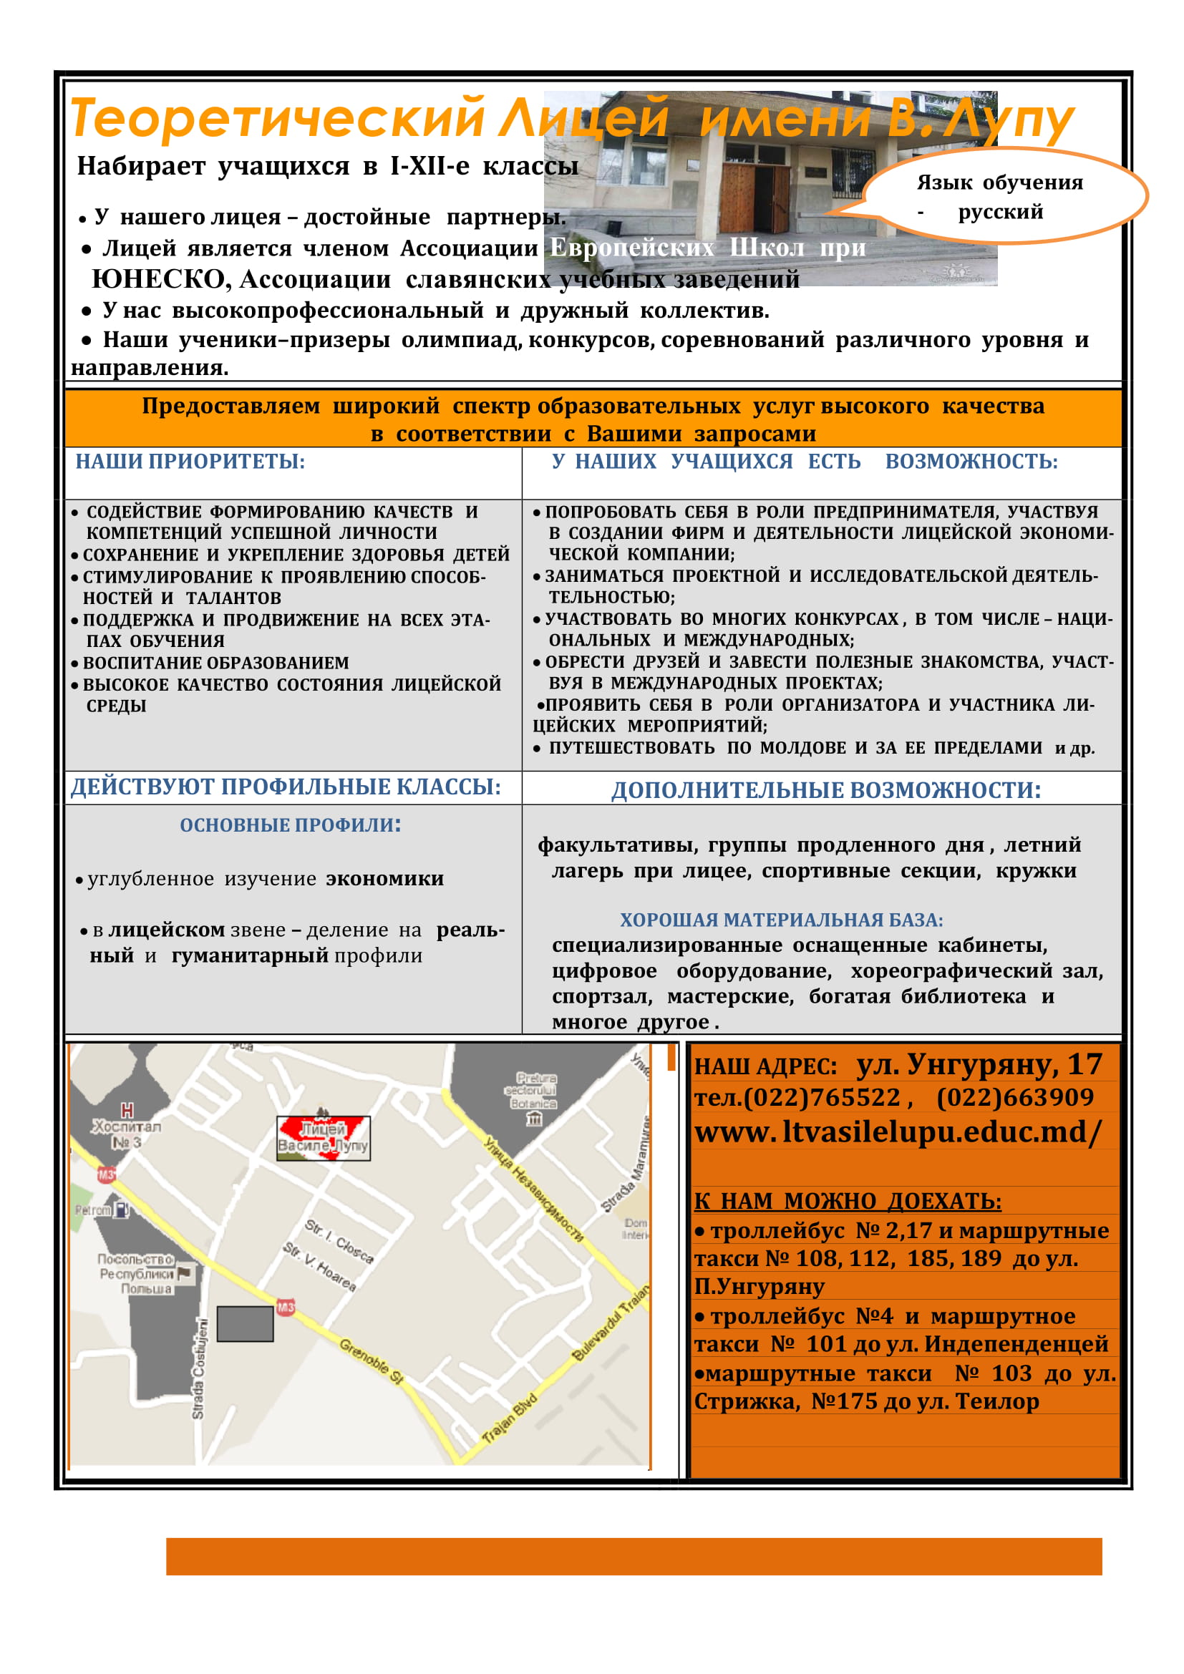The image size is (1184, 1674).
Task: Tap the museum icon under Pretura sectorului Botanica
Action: click(535, 1119)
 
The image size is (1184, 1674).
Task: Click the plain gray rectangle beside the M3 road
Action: click(245, 1324)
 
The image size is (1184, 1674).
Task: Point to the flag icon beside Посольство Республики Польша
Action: click(185, 1274)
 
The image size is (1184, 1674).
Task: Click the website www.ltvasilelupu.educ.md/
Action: click(898, 1132)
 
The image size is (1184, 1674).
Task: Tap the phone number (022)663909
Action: click(1015, 1097)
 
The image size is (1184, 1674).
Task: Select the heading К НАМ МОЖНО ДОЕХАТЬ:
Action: click(848, 1201)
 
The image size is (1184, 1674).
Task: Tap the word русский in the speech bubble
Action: click(1000, 212)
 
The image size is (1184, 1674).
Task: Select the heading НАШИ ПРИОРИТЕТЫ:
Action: click(190, 462)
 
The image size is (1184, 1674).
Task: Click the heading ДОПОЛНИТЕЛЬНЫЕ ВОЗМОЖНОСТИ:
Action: click(826, 790)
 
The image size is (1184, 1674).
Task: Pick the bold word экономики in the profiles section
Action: click(385, 879)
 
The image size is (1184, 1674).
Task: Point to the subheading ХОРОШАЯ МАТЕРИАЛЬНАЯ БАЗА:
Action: click(782, 920)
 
